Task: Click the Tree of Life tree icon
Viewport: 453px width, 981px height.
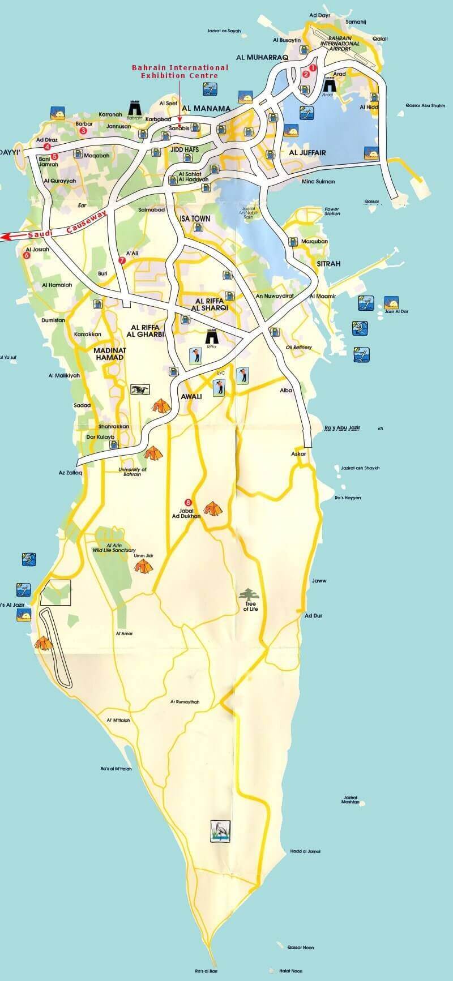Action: tap(247, 595)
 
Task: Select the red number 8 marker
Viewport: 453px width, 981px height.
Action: tap(189, 502)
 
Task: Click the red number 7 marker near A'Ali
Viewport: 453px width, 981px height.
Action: tap(121, 260)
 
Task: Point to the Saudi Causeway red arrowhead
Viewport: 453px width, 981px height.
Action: tap(5, 237)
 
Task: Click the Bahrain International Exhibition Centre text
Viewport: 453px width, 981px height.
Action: tap(180, 71)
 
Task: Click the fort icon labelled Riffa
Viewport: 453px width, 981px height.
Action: tap(212, 335)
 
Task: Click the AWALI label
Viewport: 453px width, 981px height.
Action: tap(190, 396)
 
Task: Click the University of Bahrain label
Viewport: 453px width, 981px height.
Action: tap(133, 472)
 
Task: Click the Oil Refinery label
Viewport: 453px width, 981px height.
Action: tap(299, 347)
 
